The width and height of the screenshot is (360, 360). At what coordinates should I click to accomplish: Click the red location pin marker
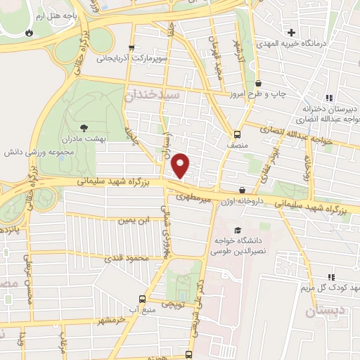click(x=181, y=165)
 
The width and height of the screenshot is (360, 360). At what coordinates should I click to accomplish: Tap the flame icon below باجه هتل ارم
click(x=28, y=32)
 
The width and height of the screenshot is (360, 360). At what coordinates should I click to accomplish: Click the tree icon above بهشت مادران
click(x=84, y=128)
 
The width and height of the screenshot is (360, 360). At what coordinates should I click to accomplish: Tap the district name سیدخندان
click(x=153, y=94)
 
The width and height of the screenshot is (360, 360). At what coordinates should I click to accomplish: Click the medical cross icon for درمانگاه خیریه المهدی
click(x=291, y=32)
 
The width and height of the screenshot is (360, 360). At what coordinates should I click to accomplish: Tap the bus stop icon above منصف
click(x=237, y=134)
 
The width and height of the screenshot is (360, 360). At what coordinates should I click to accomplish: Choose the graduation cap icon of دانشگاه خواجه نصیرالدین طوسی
click(x=237, y=231)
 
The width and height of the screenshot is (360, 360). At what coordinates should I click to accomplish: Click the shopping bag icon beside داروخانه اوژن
click(x=243, y=190)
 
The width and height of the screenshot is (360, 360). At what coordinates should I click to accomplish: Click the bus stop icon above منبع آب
click(x=143, y=297)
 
